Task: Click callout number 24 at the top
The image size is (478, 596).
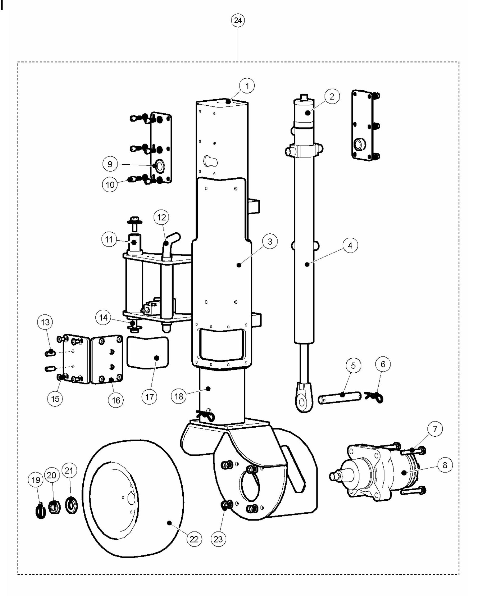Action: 238,21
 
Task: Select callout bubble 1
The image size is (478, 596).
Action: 247,86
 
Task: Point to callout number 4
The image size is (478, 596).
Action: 350,245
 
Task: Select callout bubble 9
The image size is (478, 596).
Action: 110,164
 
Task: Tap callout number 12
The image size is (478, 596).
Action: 161,217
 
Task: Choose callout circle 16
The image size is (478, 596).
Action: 116,400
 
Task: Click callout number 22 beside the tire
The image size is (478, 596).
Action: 194,539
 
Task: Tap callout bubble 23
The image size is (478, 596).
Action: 218,539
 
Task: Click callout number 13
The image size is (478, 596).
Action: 45,322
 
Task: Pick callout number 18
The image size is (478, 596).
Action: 179,396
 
